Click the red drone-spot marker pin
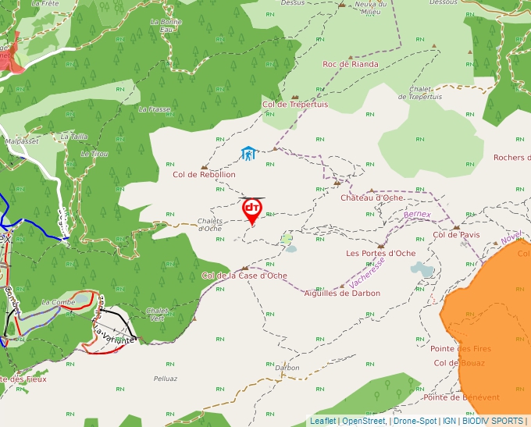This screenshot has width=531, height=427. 251,210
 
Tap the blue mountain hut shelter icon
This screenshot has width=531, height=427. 248,154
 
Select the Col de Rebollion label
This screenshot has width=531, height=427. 204,175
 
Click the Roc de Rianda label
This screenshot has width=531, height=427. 351,64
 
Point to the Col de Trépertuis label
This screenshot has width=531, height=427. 295,104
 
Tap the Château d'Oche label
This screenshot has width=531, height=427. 372,197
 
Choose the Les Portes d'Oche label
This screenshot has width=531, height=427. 381,253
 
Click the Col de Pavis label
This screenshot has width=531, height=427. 456,234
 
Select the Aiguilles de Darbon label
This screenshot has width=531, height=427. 342,293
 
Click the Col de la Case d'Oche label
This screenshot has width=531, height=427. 244,276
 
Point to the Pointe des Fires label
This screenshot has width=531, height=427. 461,348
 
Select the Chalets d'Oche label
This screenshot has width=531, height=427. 209,224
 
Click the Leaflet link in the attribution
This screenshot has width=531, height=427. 323,421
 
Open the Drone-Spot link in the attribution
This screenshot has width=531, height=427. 415,421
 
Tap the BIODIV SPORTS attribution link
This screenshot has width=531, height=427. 493,421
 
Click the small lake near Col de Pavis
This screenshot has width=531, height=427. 422,269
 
